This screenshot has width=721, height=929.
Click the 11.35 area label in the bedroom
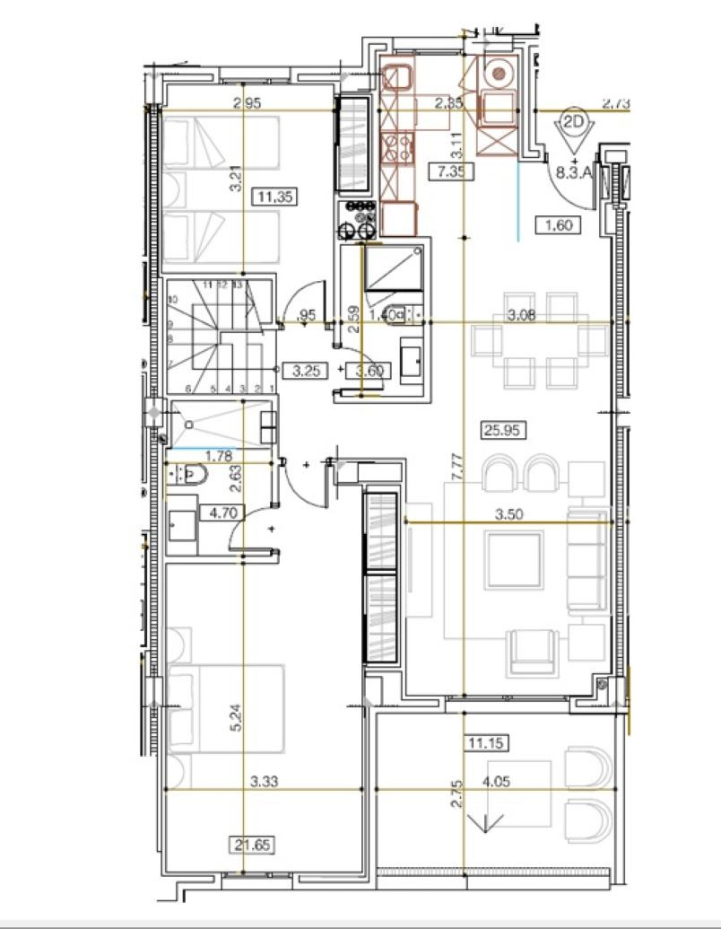coord(275,197)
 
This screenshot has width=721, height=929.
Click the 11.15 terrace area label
coord(485,741)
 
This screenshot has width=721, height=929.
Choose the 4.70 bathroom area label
coord(222,513)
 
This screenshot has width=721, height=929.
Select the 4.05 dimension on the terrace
coord(497,783)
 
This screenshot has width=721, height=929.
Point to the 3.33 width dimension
coord(265,783)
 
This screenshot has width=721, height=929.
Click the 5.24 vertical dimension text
coord(236,721)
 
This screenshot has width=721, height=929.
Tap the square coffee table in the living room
coord(514,560)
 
